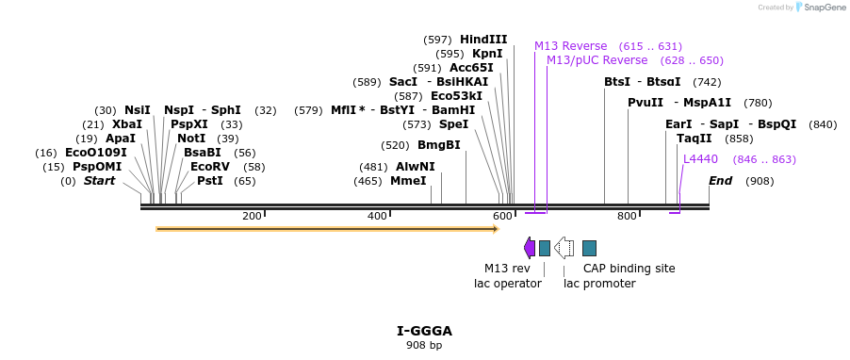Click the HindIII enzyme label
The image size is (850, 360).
(483, 40)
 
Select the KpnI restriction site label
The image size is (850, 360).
(487, 54)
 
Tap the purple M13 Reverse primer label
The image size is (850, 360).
(571, 46)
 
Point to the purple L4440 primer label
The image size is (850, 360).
(700, 159)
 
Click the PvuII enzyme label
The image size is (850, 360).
(646, 103)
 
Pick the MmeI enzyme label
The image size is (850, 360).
(408, 181)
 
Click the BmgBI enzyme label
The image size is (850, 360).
(439, 145)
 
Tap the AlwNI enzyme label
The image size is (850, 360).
(416, 167)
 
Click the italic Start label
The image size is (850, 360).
(99, 181)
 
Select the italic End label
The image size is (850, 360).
(720, 181)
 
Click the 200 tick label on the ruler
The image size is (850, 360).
(252, 217)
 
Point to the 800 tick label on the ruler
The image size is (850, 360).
(627, 217)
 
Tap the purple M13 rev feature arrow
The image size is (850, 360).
(530, 248)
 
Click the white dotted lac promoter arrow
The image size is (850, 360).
(564, 248)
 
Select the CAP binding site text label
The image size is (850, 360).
(629, 269)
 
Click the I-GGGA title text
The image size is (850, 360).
(424, 331)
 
